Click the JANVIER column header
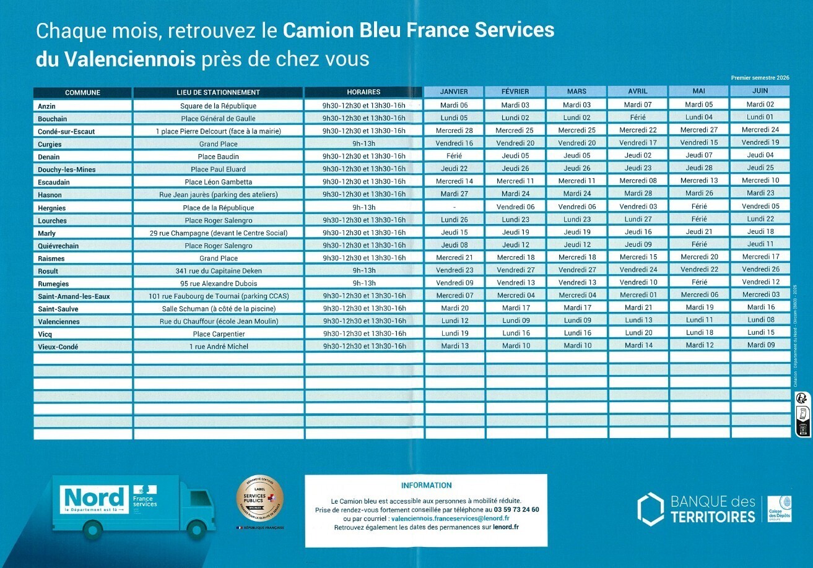tap(454, 92)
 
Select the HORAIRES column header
tap(363, 92)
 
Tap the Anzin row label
tap(46, 106)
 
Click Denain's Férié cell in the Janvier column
tap(454, 156)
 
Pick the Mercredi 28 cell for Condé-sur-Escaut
tap(454, 131)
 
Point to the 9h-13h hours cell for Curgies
tap(363, 144)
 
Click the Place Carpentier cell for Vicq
tap(218, 333)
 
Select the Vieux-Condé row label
tap(58, 346)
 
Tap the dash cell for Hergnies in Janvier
tap(454, 207)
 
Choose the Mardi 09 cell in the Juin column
tap(760, 345)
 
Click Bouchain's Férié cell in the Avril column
tap(638, 118)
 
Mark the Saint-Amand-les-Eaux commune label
tap(74, 296)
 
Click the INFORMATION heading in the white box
tap(426, 486)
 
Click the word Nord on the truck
tap(93, 497)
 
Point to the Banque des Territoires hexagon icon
tap(650, 508)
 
